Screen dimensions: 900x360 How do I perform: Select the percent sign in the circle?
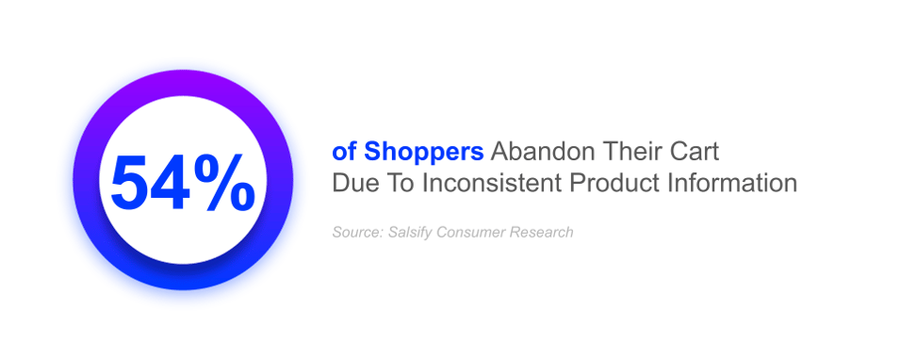tap(223, 184)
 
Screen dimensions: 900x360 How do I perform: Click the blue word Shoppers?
tap(423, 152)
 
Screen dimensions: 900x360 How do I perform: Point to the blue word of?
tap(346, 152)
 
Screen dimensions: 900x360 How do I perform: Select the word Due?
tap(354, 183)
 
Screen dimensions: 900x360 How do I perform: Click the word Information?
tap(729, 183)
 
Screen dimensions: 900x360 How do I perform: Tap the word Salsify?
tap(406, 233)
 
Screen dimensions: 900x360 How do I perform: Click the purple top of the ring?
tap(183, 83)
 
